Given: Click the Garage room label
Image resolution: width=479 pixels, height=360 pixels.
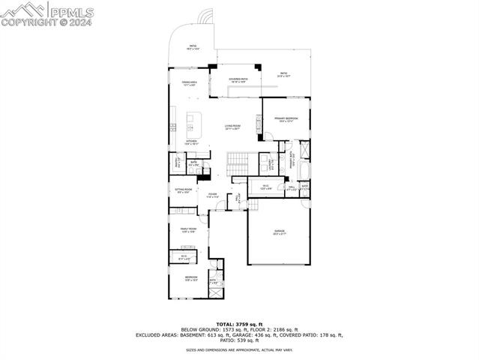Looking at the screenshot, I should [x=279, y=232].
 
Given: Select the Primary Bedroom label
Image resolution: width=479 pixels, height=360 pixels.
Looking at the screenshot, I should [x=286, y=119].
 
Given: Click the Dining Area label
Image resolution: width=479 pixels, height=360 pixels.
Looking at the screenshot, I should [x=188, y=83].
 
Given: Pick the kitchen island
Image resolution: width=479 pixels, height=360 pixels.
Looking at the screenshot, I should [x=195, y=118].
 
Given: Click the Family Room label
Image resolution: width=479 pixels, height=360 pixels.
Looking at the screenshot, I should [x=187, y=230].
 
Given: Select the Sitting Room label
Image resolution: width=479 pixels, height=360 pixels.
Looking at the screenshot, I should [x=184, y=191].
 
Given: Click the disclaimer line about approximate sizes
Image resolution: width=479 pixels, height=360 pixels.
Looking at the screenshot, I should [x=239, y=349].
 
